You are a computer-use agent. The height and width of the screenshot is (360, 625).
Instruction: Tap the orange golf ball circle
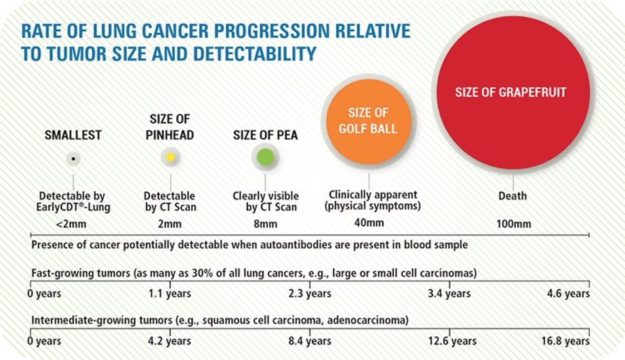369,121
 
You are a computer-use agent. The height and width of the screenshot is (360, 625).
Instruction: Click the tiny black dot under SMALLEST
73,158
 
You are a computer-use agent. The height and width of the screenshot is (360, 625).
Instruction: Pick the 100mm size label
513,223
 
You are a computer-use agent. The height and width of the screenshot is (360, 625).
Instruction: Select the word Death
513,197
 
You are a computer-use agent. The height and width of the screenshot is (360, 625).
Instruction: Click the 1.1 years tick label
170,294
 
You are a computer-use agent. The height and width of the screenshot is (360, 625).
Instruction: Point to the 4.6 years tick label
569,294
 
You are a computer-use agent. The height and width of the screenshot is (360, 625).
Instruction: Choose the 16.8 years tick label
567,341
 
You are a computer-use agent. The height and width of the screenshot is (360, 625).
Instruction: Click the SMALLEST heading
73,135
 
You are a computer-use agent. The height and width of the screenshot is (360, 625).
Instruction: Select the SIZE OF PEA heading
265,135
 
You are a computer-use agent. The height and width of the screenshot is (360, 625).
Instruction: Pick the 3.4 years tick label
448,294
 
